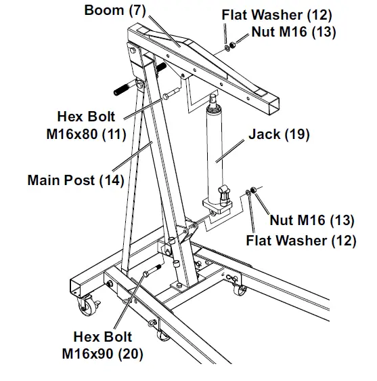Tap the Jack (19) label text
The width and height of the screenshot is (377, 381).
[279, 134]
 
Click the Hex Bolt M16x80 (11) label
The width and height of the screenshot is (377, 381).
[86, 125]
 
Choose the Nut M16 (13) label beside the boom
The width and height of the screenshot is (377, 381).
[293, 31]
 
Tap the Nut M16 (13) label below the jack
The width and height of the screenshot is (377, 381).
[311, 220]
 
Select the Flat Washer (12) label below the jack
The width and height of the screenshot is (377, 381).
[301, 240]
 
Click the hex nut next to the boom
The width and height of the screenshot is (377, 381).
[232, 45]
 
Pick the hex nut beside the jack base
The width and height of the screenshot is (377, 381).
[253, 190]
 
